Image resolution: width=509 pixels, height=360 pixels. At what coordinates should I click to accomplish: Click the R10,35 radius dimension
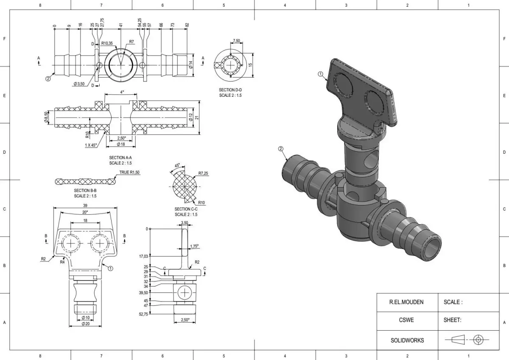tap(107, 43)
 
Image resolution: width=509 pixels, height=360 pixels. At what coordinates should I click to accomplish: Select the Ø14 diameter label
tap(191, 65)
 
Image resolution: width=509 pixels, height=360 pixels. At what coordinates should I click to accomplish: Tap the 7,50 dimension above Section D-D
tap(236, 41)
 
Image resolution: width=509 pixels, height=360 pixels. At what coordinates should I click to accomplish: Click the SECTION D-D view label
tap(230, 90)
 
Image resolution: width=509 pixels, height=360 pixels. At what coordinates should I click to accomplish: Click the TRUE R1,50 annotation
tap(129, 172)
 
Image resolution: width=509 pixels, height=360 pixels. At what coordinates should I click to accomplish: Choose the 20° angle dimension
tap(85, 212)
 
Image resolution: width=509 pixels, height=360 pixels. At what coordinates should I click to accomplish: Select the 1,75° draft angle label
tap(194, 246)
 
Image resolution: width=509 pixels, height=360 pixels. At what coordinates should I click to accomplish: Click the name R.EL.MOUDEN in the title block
tap(406, 302)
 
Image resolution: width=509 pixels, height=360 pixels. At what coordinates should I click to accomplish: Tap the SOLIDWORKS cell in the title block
tap(406, 340)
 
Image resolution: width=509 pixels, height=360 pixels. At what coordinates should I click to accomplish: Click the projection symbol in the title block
tap(467, 340)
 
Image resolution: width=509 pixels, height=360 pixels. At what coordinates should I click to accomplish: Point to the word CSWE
tap(406, 321)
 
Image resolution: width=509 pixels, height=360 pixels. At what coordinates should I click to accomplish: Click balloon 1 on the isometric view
tap(321, 74)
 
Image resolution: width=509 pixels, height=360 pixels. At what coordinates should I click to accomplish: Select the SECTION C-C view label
tap(186, 209)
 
